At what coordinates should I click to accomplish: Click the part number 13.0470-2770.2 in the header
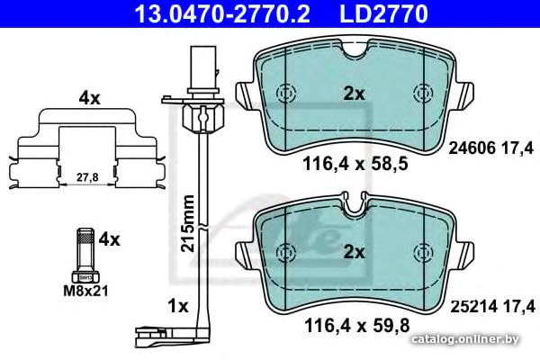click(x=222, y=13)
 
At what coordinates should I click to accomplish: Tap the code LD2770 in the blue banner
click(x=384, y=13)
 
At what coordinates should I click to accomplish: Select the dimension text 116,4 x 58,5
click(x=355, y=164)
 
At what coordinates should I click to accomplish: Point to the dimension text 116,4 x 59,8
click(x=357, y=325)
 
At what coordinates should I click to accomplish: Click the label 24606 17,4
click(x=491, y=148)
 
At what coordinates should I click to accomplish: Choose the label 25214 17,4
click(x=493, y=306)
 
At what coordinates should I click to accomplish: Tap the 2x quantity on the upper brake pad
click(x=354, y=94)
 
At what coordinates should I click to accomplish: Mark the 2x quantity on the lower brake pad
click(x=354, y=253)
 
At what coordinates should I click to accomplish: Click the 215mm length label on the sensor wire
click(x=188, y=223)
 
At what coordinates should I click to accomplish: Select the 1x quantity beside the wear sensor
click(x=177, y=306)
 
